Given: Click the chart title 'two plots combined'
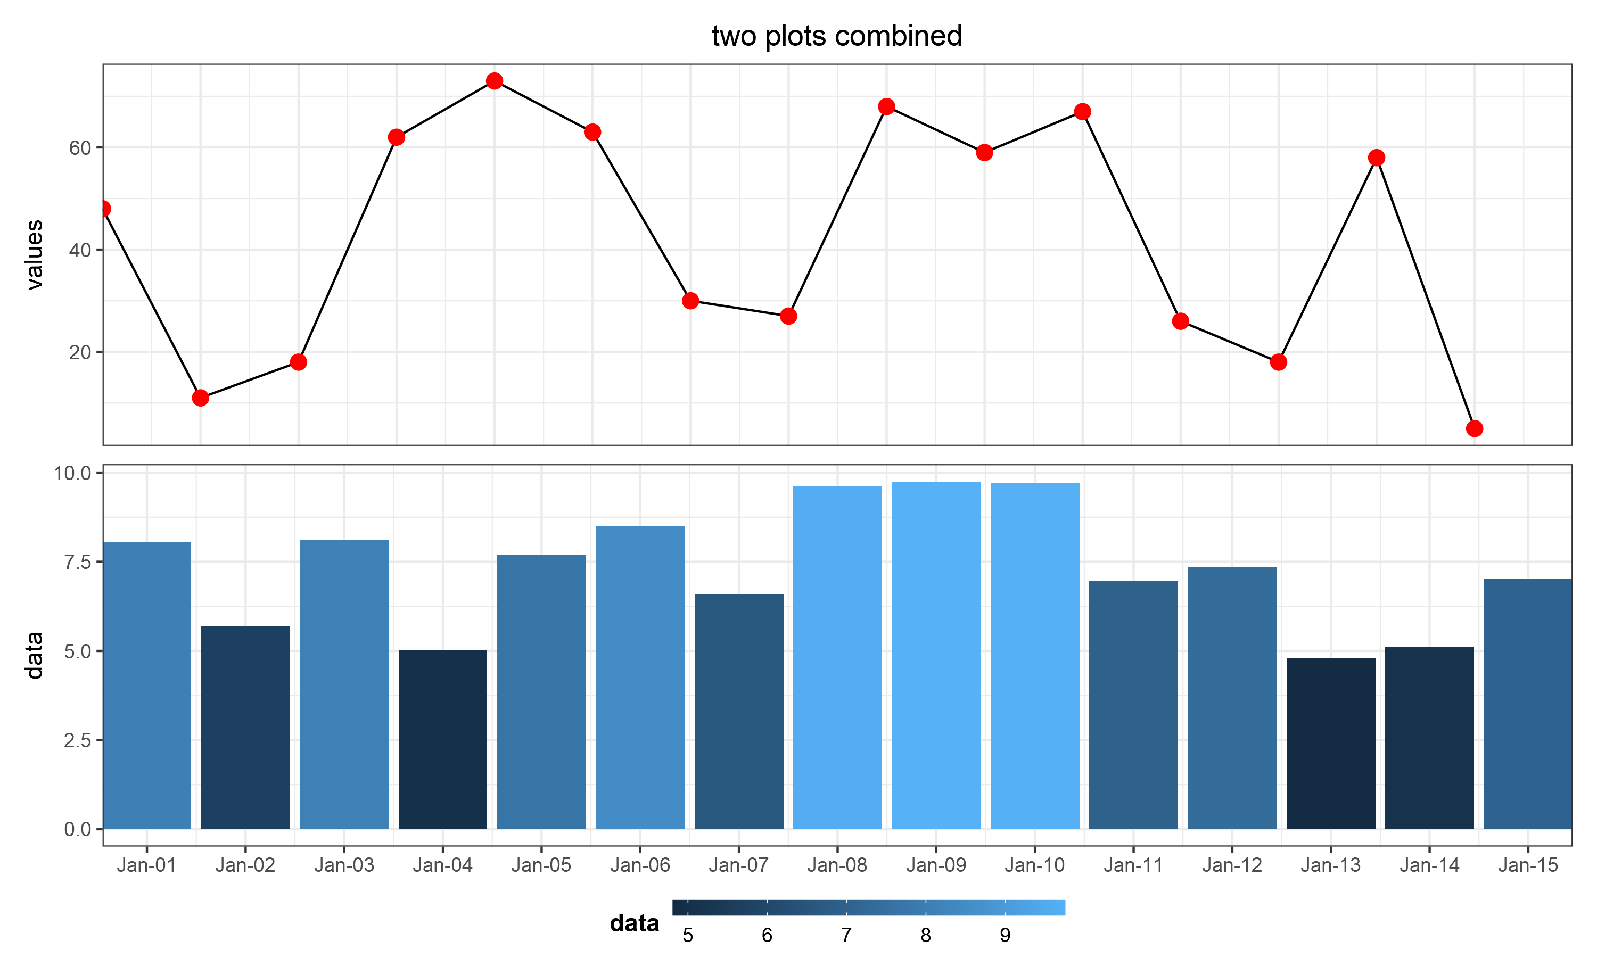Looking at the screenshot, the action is click(x=837, y=36).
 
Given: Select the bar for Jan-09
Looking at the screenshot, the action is click(x=936, y=655).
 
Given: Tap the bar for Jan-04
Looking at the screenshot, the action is click(x=443, y=740).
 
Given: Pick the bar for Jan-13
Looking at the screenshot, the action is click(x=1331, y=744).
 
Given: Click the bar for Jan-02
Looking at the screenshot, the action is click(x=245, y=728).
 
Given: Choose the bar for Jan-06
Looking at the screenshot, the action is click(x=640, y=678).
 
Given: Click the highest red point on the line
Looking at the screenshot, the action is click(x=495, y=81).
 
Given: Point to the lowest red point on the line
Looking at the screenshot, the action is click(x=1475, y=428).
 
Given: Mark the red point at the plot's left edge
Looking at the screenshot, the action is click(x=103, y=209).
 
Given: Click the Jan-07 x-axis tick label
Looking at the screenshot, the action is click(x=738, y=865).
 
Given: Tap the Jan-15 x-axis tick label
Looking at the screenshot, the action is click(x=1528, y=865).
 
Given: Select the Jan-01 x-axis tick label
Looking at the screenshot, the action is click(x=146, y=865).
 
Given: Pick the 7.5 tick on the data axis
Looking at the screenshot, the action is click(x=78, y=561).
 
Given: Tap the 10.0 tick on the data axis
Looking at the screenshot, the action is click(x=72, y=473).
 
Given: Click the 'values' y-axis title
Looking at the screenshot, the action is click(x=34, y=254).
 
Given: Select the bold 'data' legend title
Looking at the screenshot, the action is click(x=635, y=924).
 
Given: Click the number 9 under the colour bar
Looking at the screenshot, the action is click(x=1005, y=936).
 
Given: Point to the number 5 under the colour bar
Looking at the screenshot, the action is click(x=688, y=936).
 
